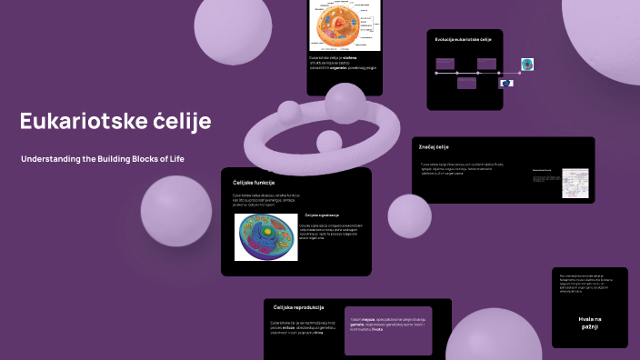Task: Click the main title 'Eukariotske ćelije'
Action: (115, 121)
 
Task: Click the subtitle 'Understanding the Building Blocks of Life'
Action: (103, 159)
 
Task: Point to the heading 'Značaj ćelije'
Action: (434, 146)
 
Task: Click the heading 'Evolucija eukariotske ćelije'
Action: (463, 40)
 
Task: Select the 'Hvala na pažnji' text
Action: (589, 323)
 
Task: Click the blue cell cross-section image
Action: (266, 237)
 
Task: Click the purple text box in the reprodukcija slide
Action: (389, 329)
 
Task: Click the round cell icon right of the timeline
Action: (527, 65)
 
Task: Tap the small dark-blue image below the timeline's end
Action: (506, 83)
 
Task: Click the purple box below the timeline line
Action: (466, 84)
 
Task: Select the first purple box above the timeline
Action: (445, 63)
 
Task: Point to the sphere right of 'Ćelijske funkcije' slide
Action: (409, 216)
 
